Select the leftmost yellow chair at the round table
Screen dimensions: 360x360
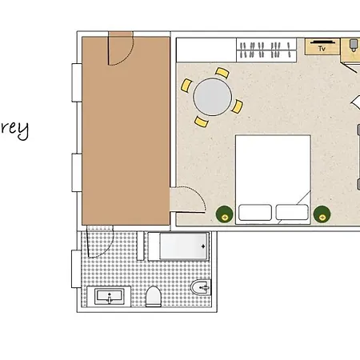click(x=186, y=83)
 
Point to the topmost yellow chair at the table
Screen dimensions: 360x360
click(x=221, y=74)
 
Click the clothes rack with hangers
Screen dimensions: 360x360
click(x=263, y=50)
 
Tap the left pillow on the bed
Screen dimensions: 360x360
click(x=256, y=213)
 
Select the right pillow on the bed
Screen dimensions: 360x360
click(x=292, y=213)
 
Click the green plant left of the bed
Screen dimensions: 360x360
click(x=224, y=214)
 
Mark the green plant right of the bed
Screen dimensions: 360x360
click(x=322, y=214)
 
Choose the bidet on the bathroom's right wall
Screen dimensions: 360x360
click(x=200, y=288)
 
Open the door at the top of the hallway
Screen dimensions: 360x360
click(x=120, y=51)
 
